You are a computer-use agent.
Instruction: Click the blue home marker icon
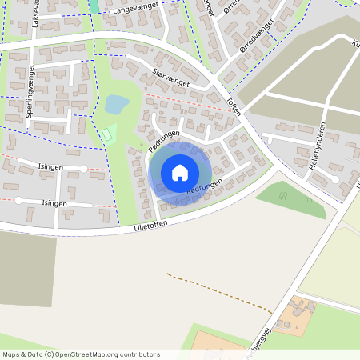[x=180, y=172]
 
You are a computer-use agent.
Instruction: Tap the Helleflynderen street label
[x=318, y=145]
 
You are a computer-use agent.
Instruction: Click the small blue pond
[x=116, y=104]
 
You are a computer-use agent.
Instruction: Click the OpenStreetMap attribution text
[x=81, y=354]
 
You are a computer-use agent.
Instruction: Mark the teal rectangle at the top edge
[x=94, y=5]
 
